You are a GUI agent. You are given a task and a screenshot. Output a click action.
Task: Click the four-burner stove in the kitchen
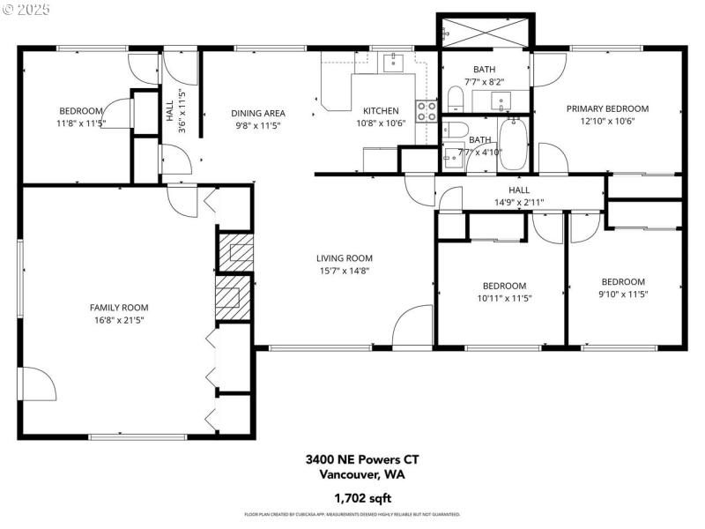[427, 110]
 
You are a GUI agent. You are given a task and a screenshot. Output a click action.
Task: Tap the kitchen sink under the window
[391, 61]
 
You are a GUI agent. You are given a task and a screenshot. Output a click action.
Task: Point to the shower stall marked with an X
[485, 34]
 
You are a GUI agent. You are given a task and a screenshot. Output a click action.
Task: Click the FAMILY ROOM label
[119, 308]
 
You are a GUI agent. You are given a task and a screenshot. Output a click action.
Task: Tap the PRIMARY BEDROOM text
[607, 108]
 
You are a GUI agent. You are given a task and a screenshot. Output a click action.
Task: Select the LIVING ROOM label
[343, 258]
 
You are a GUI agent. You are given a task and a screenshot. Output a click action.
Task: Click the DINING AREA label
[257, 113]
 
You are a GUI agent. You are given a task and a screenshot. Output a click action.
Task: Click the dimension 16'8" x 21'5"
[119, 320]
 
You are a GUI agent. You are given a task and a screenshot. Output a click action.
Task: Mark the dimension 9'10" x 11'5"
[623, 294]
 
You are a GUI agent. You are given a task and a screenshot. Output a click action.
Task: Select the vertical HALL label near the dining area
[169, 111]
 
